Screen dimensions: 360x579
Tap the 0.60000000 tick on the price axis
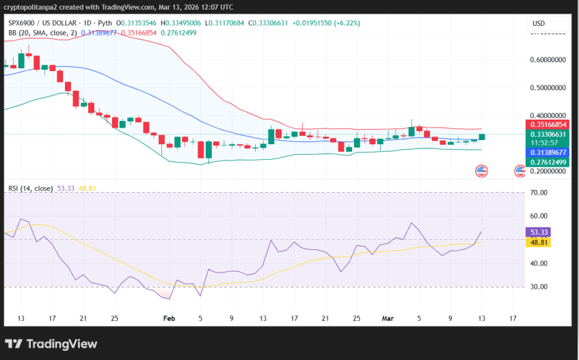tap(548, 60)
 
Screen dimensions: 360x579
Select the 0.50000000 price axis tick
tap(548, 88)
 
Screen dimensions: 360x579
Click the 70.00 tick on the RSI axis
tap(539, 193)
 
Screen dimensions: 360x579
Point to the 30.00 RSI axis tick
tap(539, 287)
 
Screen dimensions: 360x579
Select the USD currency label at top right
tap(539, 23)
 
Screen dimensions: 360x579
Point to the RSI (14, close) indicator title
tap(31, 188)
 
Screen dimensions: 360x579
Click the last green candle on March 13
tap(482, 137)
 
